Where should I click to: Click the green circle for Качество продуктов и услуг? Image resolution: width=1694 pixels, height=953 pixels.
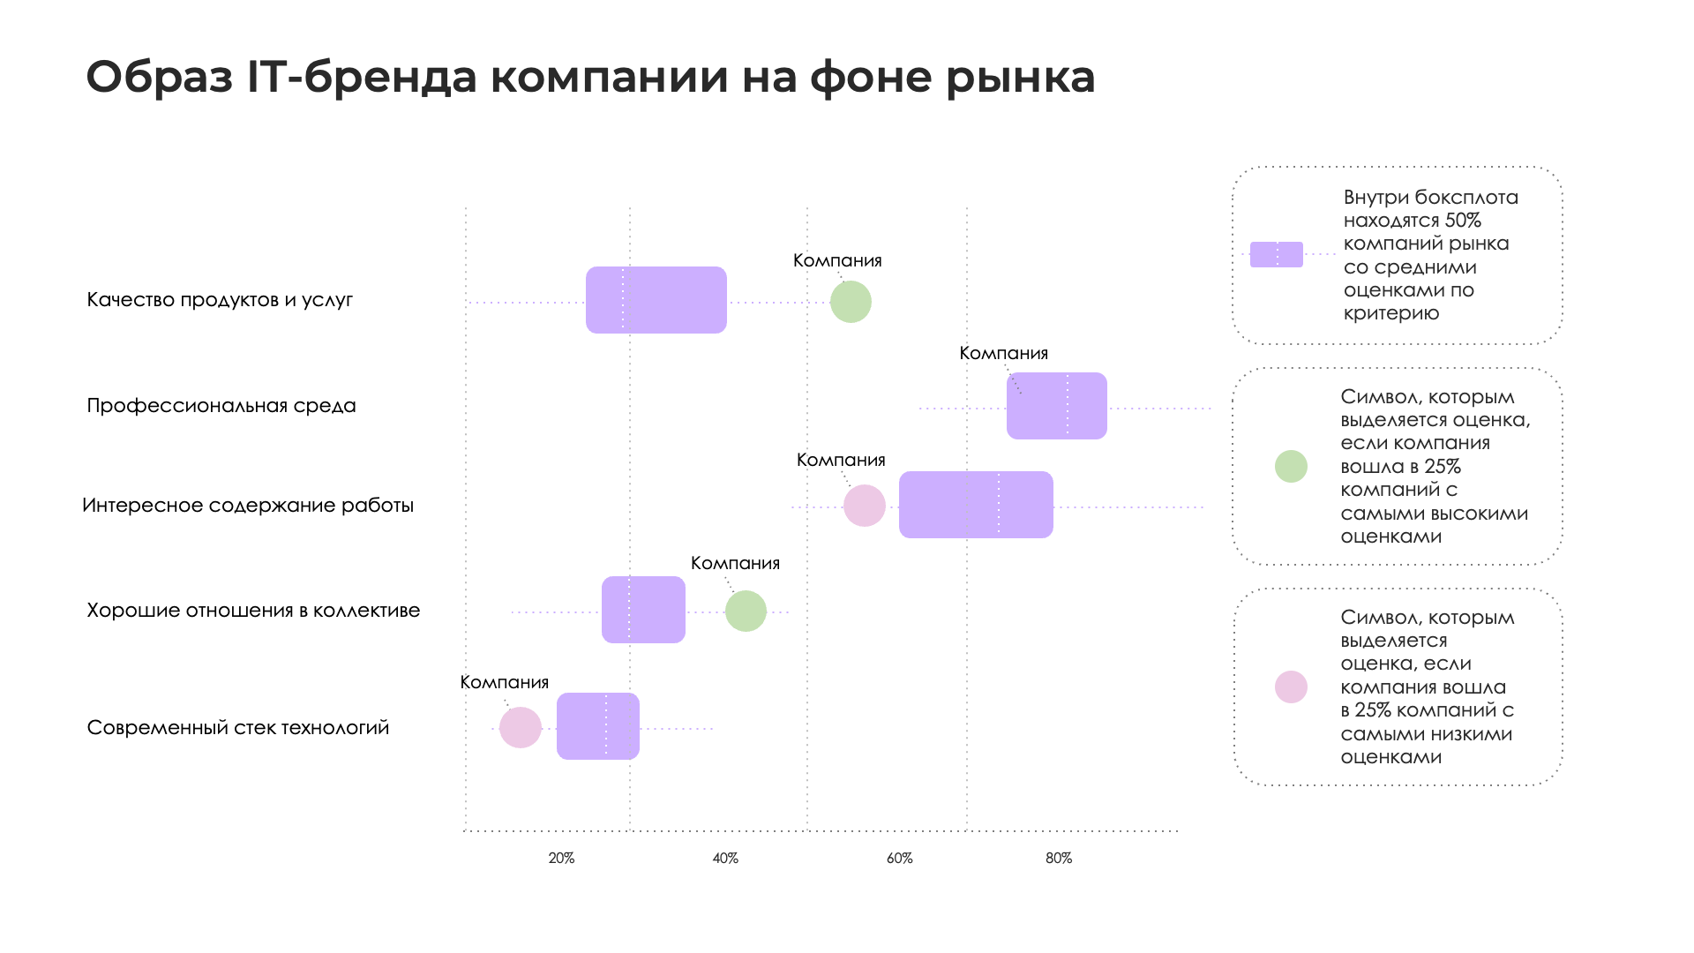tap(851, 302)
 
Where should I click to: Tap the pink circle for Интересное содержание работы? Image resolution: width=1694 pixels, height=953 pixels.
tap(865, 506)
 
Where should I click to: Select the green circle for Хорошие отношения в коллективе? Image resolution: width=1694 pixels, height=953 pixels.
tap(746, 612)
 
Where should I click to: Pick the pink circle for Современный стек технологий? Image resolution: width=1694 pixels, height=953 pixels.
tap(521, 728)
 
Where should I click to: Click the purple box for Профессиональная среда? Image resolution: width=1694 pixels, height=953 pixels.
tap(1056, 406)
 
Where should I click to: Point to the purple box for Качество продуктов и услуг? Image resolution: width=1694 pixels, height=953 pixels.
tap(656, 300)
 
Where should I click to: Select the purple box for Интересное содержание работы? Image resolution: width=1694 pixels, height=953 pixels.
tap(976, 505)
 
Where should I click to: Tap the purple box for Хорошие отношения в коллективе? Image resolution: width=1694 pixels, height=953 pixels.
tap(643, 610)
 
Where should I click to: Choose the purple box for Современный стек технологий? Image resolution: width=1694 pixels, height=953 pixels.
tap(597, 726)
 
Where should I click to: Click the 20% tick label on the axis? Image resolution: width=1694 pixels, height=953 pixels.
tap(561, 859)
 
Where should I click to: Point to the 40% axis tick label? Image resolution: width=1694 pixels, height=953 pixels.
tap(725, 859)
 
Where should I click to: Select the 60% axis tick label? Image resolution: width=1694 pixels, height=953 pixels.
tap(899, 859)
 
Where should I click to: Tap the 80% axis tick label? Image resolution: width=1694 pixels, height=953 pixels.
tap(1059, 859)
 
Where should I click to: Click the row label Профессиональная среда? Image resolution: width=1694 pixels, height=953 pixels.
tap(221, 406)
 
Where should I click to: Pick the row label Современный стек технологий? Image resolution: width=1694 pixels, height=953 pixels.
tap(238, 728)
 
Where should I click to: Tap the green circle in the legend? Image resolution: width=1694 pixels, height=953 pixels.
tap(1291, 467)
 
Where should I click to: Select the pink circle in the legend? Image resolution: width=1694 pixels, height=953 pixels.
tap(1291, 687)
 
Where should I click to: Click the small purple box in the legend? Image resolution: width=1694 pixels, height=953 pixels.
tap(1276, 255)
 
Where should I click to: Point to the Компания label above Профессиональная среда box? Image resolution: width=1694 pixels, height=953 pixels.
tap(1003, 354)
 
